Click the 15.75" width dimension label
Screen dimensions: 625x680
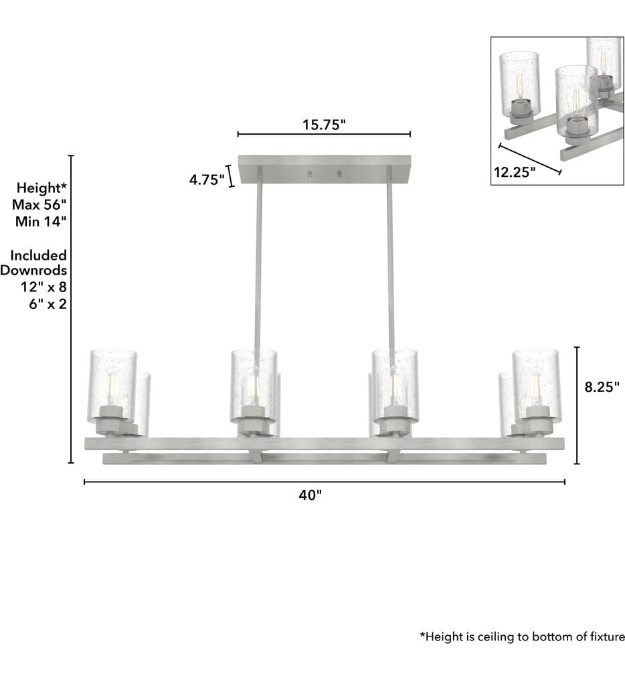click(x=324, y=125)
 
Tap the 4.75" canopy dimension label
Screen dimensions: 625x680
click(x=207, y=179)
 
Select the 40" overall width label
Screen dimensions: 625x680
click(x=310, y=494)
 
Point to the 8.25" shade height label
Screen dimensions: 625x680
click(x=602, y=387)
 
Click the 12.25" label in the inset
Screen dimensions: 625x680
click(x=515, y=172)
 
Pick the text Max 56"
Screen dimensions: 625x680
click(x=39, y=204)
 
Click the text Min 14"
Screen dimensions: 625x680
click(x=41, y=221)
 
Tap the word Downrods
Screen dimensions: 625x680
click(x=33, y=270)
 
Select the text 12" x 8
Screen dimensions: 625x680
click(x=43, y=287)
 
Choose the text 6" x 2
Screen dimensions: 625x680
click(x=48, y=303)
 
